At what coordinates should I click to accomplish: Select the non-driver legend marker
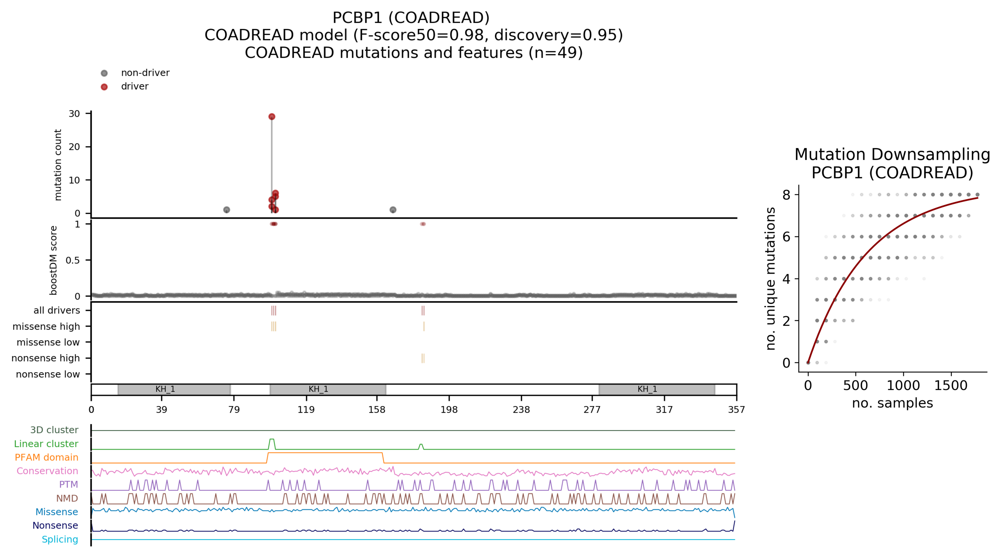(x=104, y=73)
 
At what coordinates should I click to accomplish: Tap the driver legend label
(x=134, y=86)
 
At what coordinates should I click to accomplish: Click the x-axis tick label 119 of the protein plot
(x=306, y=410)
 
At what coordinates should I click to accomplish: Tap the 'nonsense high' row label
(x=46, y=358)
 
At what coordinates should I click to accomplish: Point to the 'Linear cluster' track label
(x=46, y=444)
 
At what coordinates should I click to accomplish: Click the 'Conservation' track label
(x=47, y=471)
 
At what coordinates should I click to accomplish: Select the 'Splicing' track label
(x=60, y=539)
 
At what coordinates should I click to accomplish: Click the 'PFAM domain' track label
(x=46, y=457)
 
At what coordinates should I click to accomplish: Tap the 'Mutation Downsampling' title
(x=892, y=155)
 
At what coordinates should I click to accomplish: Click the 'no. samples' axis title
(x=892, y=403)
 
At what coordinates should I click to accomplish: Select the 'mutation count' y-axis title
(x=58, y=165)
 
